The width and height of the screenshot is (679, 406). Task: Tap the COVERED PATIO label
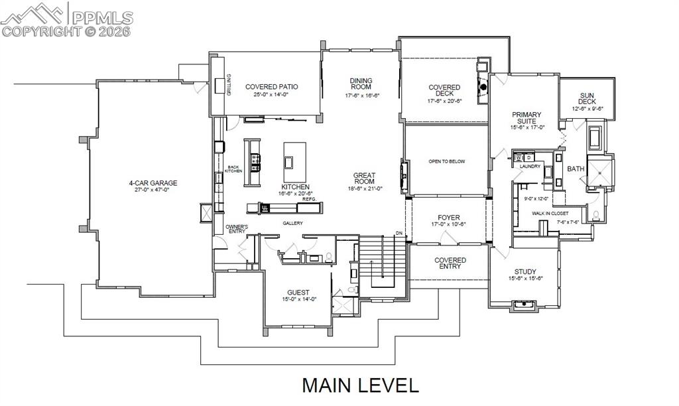[x=271, y=87]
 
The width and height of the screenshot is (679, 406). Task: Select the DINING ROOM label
[x=361, y=84]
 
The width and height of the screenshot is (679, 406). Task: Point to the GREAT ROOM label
[x=364, y=177]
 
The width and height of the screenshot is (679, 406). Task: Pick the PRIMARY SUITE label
[x=526, y=118]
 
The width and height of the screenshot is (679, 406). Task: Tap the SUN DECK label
[x=587, y=98]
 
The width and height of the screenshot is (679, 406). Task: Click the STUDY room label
[x=525, y=272]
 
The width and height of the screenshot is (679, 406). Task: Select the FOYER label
[x=449, y=218]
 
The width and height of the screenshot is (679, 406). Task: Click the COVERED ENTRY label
[x=450, y=263]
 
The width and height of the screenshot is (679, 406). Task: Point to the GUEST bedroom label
[x=298, y=293]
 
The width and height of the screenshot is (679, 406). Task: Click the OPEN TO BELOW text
[x=446, y=161]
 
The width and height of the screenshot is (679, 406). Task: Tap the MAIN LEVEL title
[x=361, y=385]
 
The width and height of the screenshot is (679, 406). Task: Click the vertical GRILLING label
[x=229, y=86]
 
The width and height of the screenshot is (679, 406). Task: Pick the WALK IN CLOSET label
[x=550, y=213]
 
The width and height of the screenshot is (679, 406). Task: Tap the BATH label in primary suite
[x=575, y=169]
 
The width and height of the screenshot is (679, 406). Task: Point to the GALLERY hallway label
[x=292, y=223]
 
